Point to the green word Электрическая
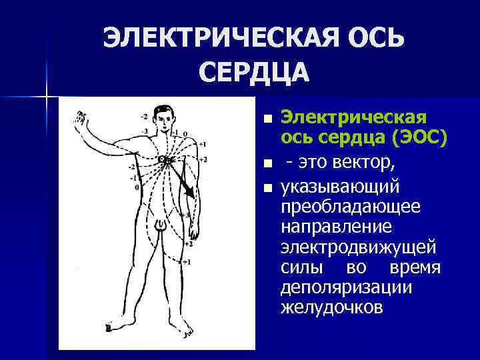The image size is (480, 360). click(x=353, y=117)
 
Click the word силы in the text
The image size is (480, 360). click(x=299, y=268)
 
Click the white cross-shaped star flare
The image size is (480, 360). click(x=47, y=97)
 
